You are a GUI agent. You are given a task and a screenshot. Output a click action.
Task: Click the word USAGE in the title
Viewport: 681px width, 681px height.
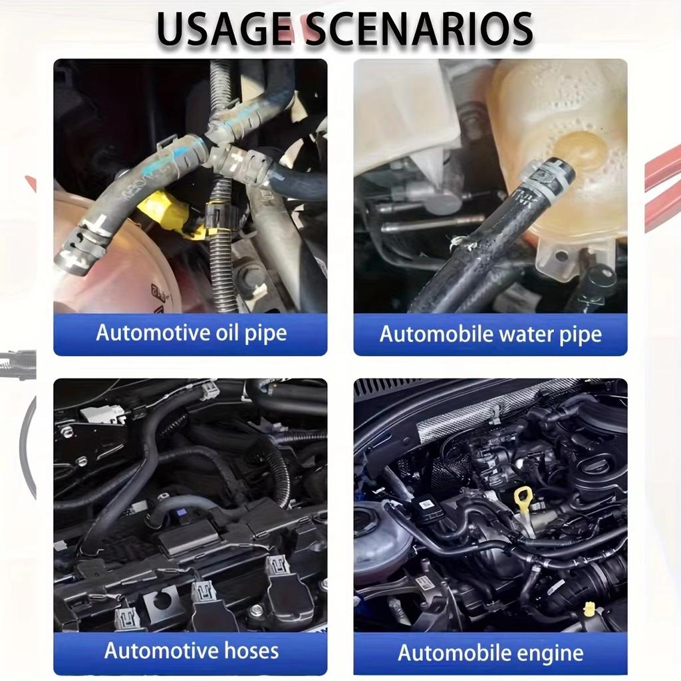click(x=223, y=29)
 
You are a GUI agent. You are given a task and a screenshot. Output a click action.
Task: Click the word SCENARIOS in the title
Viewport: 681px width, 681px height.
click(x=419, y=29)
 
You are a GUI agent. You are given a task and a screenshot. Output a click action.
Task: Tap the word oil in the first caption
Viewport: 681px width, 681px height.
click(x=227, y=333)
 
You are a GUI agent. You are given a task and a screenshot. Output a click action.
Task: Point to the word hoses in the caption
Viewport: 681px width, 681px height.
click(x=251, y=650)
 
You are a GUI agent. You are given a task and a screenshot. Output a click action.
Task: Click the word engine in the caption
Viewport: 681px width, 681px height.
click(x=551, y=654)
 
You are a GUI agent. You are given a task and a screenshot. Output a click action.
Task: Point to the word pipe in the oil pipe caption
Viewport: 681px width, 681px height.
click(x=265, y=334)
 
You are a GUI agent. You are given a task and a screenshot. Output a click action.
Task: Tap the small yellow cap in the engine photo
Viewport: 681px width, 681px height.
click(x=589, y=609)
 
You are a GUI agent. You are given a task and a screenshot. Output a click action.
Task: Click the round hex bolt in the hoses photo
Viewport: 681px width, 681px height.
click(x=257, y=611)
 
